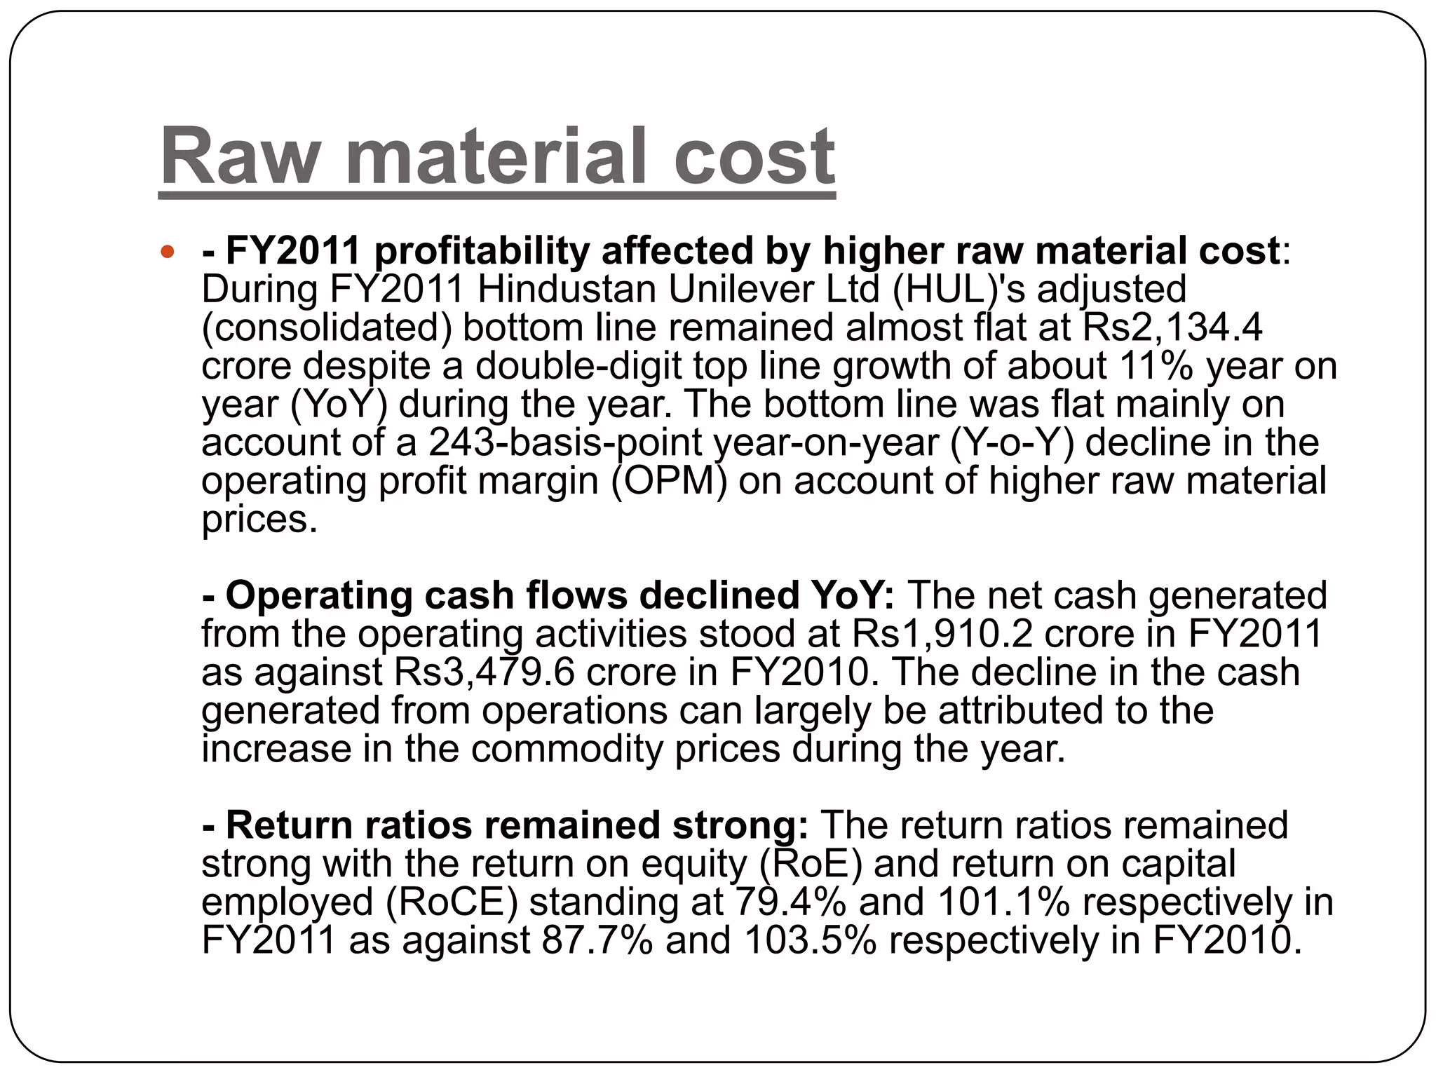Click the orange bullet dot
click(x=167, y=252)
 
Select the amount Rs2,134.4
click(x=1172, y=327)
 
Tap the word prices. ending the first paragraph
click(x=259, y=520)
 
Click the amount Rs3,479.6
click(x=485, y=672)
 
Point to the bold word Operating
click(x=318, y=595)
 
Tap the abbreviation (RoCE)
click(x=452, y=902)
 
